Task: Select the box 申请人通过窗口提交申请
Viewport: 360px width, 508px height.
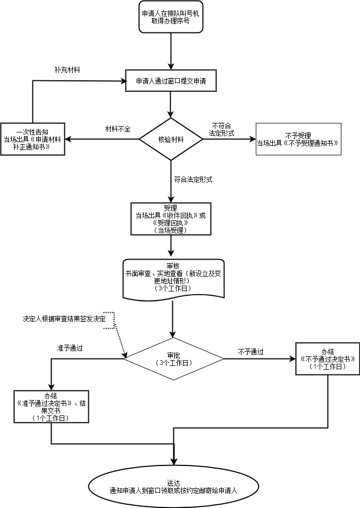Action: (x=171, y=81)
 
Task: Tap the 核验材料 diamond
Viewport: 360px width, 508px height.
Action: (x=171, y=139)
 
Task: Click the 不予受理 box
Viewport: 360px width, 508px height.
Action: (x=298, y=139)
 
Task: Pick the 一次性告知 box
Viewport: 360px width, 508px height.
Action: (x=33, y=139)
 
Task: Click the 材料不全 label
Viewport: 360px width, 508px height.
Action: (x=118, y=129)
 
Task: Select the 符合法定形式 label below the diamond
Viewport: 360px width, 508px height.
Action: (x=194, y=180)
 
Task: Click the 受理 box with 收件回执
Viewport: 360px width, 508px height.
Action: (x=171, y=219)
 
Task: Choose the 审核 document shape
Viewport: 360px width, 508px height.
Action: (x=173, y=277)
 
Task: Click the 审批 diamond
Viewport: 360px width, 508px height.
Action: (x=173, y=359)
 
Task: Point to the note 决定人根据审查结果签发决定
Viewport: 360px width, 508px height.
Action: (x=64, y=319)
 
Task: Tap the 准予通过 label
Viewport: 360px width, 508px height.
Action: (x=70, y=348)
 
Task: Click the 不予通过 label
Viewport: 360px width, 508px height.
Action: (x=251, y=352)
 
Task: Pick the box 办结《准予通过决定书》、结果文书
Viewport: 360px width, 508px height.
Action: (x=51, y=407)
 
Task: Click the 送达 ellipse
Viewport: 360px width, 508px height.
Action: (x=173, y=486)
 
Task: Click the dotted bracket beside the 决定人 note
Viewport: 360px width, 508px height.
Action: (x=110, y=321)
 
